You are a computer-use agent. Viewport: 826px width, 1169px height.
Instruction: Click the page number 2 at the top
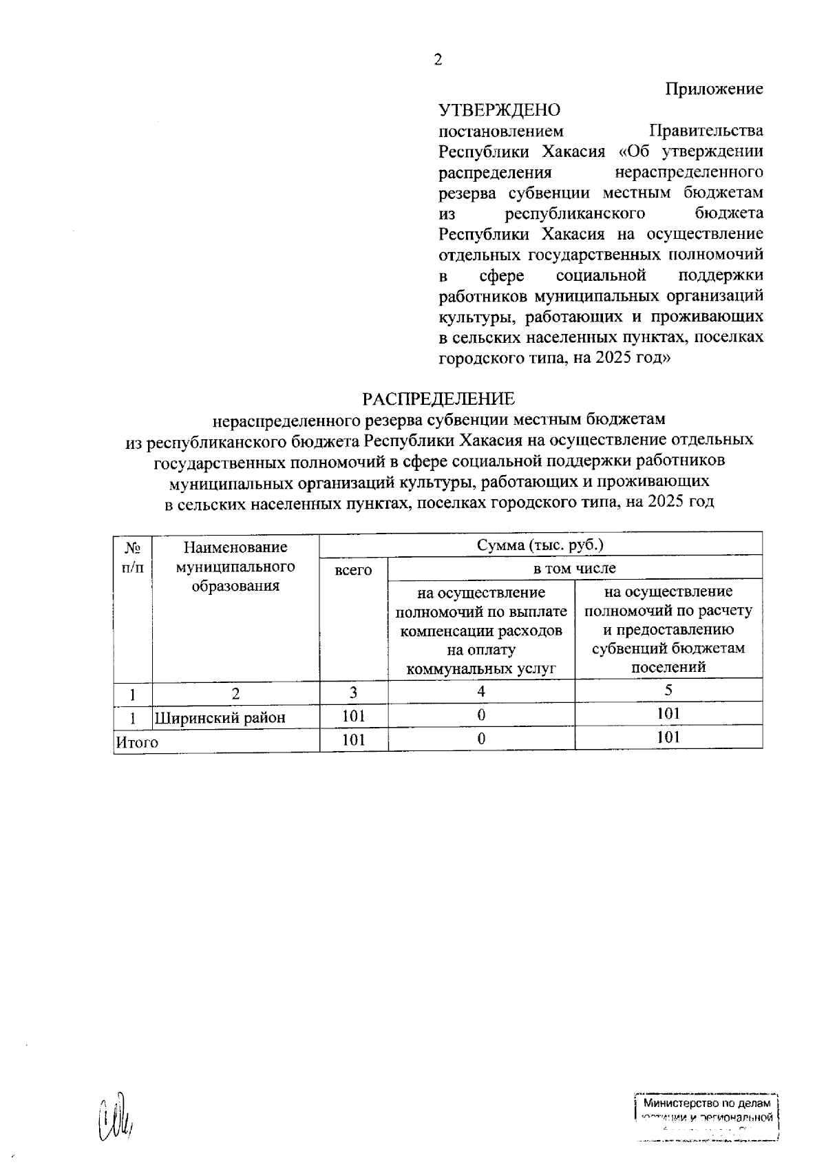(x=438, y=60)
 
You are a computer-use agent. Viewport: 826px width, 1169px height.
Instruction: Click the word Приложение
(x=714, y=89)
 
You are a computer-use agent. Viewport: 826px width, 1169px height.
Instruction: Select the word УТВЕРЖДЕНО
(x=500, y=110)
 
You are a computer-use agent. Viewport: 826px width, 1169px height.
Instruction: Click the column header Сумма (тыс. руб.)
(x=540, y=545)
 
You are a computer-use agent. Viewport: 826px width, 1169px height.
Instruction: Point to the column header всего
(x=353, y=570)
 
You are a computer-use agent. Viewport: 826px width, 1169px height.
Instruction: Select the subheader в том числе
(x=575, y=568)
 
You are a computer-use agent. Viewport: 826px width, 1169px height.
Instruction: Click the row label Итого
(x=137, y=742)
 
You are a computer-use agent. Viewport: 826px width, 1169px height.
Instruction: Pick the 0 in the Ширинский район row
(x=481, y=715)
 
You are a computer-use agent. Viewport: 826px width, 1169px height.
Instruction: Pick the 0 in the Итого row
(x=481, y=739)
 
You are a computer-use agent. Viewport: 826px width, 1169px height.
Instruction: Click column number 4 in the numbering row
(x=481, y=691)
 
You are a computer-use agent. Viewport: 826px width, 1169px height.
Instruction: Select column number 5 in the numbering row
(x=668, y=691)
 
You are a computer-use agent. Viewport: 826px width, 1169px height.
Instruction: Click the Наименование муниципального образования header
(x=235, y=567)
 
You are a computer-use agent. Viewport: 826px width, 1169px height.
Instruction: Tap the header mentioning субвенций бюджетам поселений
(x=668, y=629)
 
